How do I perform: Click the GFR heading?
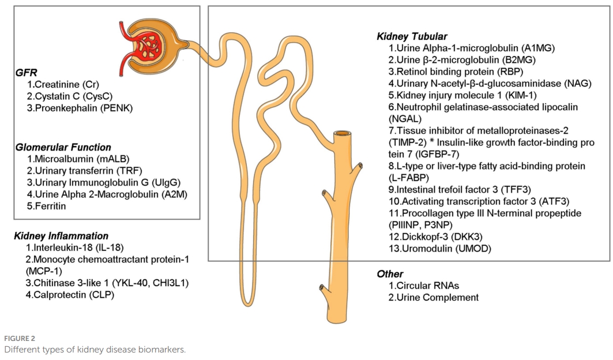click(25, 73)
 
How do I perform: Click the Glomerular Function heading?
click(63, 147)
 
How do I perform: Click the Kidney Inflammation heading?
click(61, 236)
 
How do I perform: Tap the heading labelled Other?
click(390, 274)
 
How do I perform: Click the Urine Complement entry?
click(433, 297)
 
